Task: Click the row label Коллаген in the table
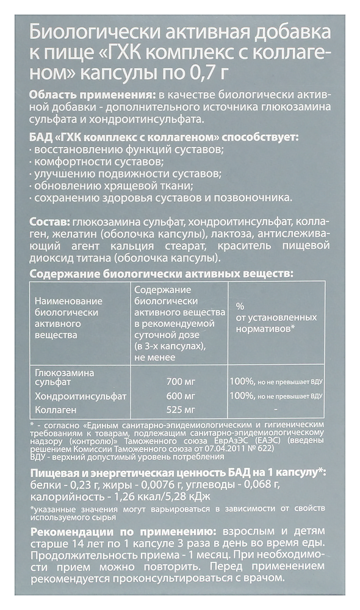pyautogui.click(x=55, y=409)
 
